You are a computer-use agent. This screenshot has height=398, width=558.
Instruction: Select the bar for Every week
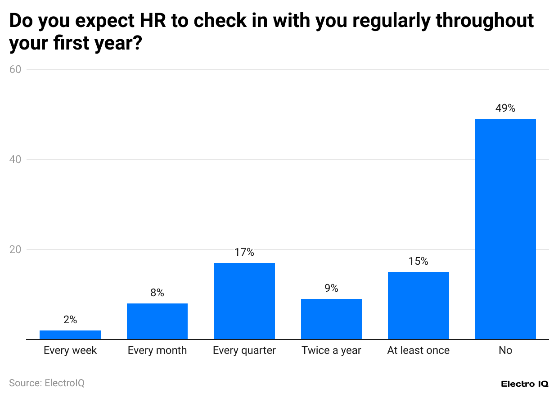click(x=70, y=335)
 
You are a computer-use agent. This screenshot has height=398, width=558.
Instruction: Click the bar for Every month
click(x=157, y=321)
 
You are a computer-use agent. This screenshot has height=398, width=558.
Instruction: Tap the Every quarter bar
click(x=244, y=301)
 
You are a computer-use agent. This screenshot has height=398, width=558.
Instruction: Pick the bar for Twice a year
click(x=331, y=319)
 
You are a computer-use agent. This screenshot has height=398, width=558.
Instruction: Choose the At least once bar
click(x=418, y=305)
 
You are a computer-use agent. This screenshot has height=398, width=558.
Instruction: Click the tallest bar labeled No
click(x=505, y=229)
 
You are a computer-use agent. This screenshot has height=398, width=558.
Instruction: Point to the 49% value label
click(x=505, y=108)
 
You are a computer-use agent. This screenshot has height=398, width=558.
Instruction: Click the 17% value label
click(x=244, y=252)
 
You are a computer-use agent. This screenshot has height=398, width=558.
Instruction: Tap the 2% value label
click(x=70, y=320)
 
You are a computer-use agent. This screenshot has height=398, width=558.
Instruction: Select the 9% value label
click(x=331, y=288)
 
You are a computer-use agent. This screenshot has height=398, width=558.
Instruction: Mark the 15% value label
click(x=418, y=261)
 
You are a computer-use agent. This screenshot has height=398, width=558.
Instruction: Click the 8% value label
click(x=157, y=293)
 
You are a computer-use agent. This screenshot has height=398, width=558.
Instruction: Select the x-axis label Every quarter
click(x=244, y=350)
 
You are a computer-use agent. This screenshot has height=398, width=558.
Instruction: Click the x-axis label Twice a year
click(x=331, y=350)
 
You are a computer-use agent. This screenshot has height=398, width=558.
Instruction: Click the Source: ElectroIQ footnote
click(x=47, y=383)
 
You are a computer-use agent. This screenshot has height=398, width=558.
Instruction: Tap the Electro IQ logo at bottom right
click(x=524, y=384)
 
